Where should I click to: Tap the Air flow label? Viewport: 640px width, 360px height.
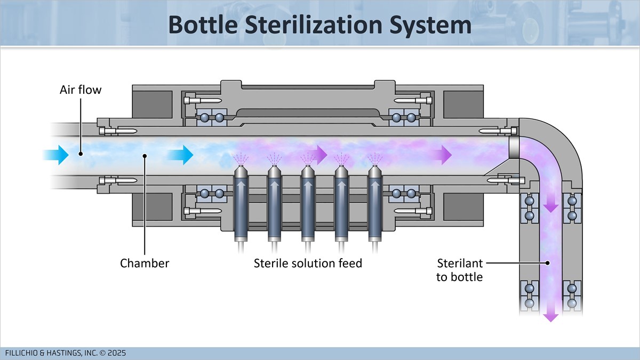[x=80, y=90]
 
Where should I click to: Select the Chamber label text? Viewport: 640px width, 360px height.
[x=145, y=263]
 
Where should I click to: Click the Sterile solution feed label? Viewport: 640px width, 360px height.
[x=308, y=263]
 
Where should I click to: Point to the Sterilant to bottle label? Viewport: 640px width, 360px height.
[x=459, y=269]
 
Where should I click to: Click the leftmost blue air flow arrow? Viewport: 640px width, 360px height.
[x=56, y=155]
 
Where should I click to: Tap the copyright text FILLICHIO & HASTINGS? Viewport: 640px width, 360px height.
[x=65, y=353]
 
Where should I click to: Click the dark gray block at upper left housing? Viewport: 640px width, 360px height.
[x=153, y=105]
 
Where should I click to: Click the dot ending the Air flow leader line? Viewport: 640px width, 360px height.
[x=80, y=153]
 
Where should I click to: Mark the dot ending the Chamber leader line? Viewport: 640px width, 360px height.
[x=145, y=155]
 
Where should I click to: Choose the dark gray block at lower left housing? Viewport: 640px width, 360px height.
[x=153, y=206]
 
